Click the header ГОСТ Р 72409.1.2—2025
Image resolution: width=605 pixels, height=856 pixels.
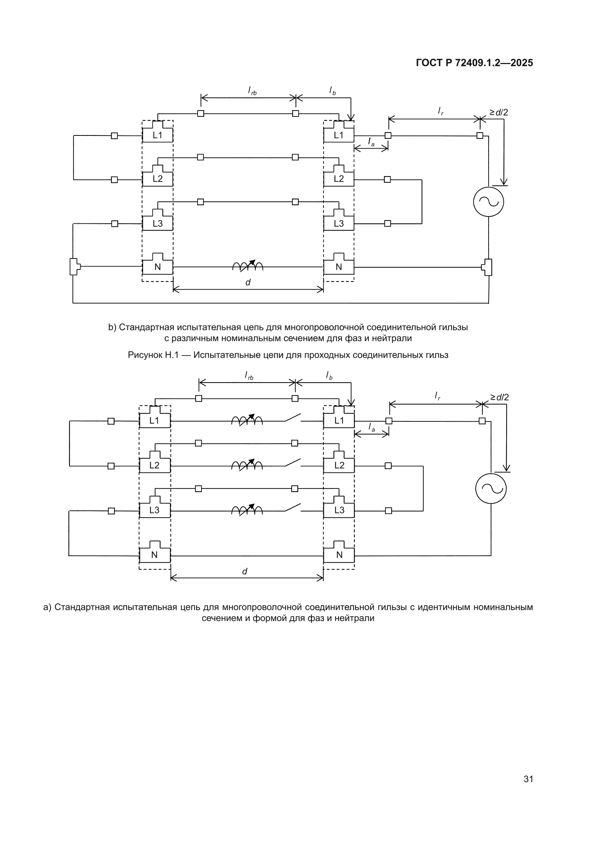tap(474, 63)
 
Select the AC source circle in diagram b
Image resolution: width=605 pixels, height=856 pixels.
tap(488, 201)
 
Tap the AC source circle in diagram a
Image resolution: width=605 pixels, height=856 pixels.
tap(491, 488)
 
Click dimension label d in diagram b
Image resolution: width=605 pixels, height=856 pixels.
tap(248, 282)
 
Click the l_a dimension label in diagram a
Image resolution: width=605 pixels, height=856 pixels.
tap(371, 427)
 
